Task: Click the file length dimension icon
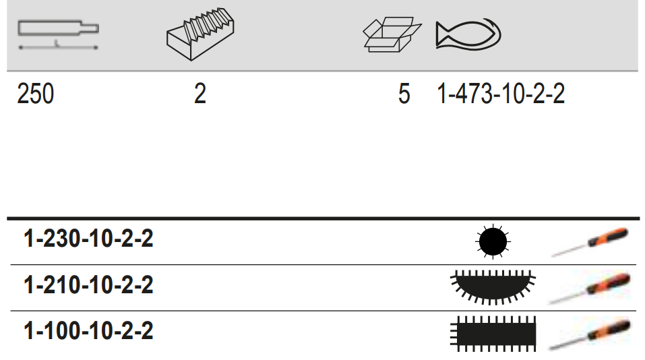[x=58, y=34]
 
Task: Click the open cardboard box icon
[x=390, y=34]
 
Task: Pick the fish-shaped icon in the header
[x=469, y=34]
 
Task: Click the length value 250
[x=35, y=94]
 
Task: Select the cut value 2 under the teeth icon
[x=200, y=94]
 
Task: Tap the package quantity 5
[x=404, y=94]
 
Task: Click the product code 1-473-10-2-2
[x=501, y=94]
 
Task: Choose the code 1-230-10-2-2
[x=88, y=239]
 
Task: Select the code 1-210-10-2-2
[x=88, y=285]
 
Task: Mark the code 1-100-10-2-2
[x=88, y=331]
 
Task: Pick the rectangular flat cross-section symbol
[x=493, y=331]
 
